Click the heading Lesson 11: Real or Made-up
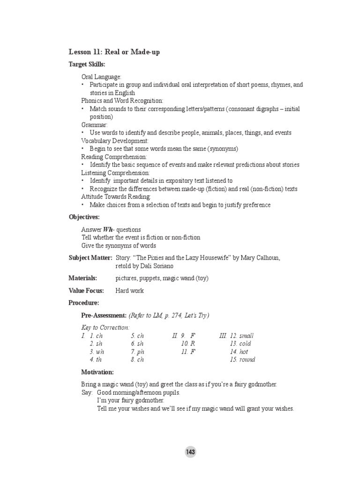(114, 52)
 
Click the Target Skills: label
(87, 64)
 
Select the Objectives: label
(84, 217)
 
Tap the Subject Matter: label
(90, 258)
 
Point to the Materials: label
(82, 278)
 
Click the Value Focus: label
(86, 291)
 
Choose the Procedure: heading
(84, 303)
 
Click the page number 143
(190, 452)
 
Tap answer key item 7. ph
(137, 352)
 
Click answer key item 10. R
(187, 344)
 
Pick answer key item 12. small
(241, 336)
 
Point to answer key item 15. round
(242, 360)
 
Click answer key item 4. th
(96, 360)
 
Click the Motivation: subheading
(97, 372)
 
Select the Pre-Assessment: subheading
(104, 315)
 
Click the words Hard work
(129, 291)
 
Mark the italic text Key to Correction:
(105, 328)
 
